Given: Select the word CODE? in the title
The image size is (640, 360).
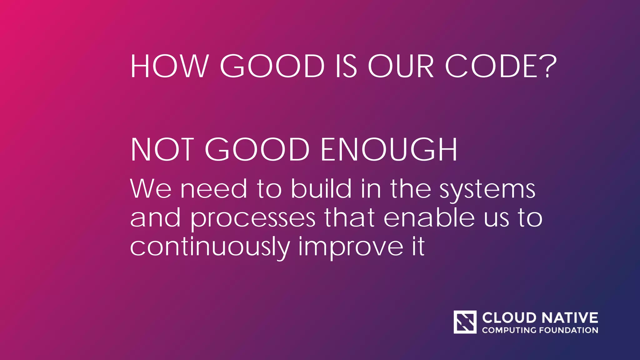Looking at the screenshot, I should pos(500,66).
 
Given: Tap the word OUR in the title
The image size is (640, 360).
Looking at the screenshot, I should pos(401,66).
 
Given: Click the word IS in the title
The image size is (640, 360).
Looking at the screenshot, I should pos(346,66).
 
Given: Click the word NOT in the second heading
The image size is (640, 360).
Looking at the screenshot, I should pos(162,150).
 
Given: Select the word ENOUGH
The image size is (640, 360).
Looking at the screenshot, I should pos(389,150).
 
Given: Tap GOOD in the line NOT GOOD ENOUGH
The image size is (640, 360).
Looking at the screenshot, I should pos(257,150).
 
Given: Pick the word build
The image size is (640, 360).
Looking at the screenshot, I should pos(321,189).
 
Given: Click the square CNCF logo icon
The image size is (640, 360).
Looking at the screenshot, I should pos(465,322).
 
